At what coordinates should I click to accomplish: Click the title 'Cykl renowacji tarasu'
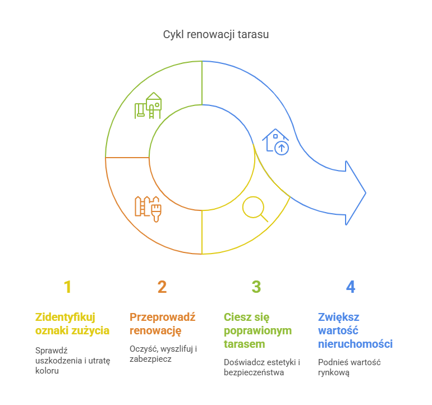tap(216, 35)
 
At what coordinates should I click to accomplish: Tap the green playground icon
tap(148, 105)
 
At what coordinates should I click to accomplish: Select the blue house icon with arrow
tap(275, 141)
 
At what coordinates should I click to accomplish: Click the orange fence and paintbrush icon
tap(148, 208)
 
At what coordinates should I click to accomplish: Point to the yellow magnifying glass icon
tap(254, 208)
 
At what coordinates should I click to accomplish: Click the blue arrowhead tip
tap(365, 194)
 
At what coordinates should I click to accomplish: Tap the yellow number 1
tap(67, 287)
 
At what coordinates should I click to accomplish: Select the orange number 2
tap(162, 287)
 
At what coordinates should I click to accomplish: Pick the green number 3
tap(256, 287)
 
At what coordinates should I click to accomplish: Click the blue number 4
tap(351, 287)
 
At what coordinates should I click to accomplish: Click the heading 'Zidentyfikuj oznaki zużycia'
tap(72, 324)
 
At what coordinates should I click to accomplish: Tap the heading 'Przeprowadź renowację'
tap(163, 324)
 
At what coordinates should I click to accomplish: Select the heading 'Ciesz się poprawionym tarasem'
tap(258, 330)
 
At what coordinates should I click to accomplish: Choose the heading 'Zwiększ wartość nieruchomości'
tap(355, 330)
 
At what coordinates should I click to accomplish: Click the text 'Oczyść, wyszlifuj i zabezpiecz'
tap(163, 354)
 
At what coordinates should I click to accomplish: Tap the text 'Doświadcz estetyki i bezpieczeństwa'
tap(262, 367)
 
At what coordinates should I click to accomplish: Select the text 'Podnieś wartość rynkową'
tap(350, 367)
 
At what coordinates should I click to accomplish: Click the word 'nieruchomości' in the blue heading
tap(355, 344)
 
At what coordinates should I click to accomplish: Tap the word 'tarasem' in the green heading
tap(245, 344)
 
